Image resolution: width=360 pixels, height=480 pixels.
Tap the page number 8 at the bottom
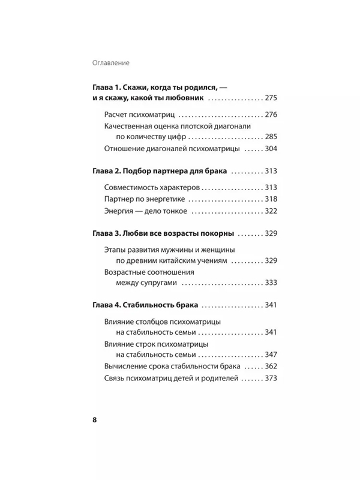[x=95, y=419]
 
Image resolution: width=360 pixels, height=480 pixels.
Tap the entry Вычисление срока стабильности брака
[x=172, y=367]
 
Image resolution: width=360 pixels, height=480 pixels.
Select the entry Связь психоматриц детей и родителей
[x=172, y=379]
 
